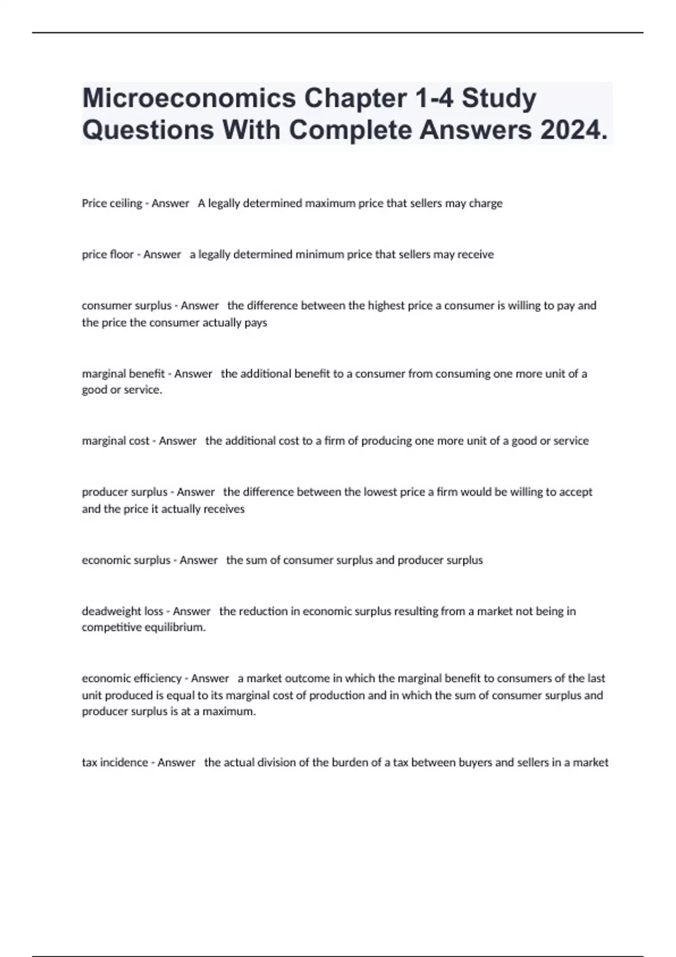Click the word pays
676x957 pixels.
click(x=256, y=323)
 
